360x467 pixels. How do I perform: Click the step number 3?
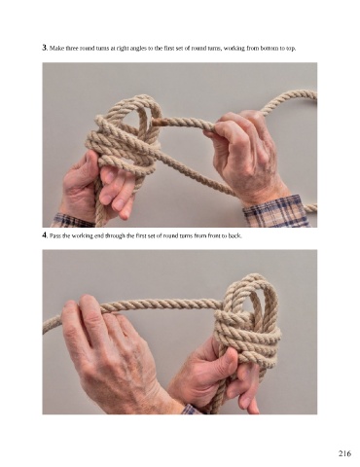click(45, 48)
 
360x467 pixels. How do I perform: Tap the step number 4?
click(45, 235)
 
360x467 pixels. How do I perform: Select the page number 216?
click(344, 453)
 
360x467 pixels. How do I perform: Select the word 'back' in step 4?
click(235, 236)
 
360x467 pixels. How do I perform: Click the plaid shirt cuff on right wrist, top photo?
click(275, 211)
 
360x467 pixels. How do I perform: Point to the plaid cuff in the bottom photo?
click(191, 410)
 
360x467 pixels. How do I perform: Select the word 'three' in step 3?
click(72, 49)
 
